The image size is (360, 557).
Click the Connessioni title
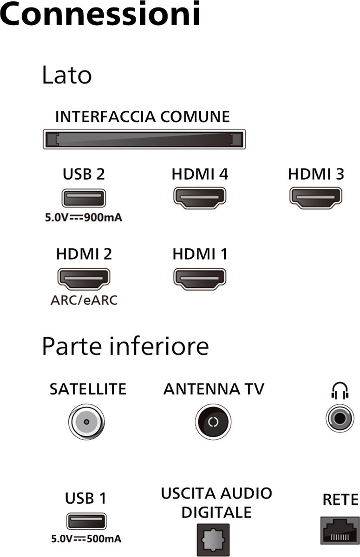pos(100,13)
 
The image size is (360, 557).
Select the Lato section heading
pos(67,75)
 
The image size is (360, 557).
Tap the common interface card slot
pos(144,139)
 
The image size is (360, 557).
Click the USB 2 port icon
pos(84,198)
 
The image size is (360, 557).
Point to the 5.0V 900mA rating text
pos(84,217)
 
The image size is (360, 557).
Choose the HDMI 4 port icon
pos(200,198)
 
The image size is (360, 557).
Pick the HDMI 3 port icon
pos(316,198)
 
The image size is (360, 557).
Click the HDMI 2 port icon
pos(84,279)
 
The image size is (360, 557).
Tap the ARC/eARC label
pos(84,300)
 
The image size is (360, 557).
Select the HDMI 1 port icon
pos(200,279)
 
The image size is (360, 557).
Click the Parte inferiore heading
pos(125,347)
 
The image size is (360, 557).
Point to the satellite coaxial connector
pos(86,422)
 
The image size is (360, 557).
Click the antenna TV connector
pos(213,422)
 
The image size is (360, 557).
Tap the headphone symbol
pos(340,392)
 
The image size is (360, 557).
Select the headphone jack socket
pos(340,418)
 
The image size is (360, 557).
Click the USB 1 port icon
pos(86,521)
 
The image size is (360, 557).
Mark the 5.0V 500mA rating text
pos(86,539)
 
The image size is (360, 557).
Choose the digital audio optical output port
pos(213,540)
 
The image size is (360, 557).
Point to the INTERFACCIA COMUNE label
pos(143,117)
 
